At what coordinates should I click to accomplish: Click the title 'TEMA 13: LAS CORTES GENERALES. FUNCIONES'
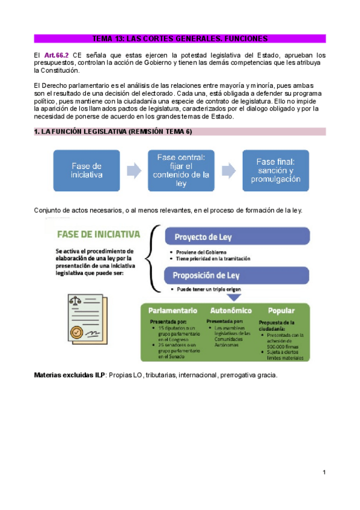[180, 38]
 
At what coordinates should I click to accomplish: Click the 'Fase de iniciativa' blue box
[86, 170]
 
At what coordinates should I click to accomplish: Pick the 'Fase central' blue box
[181, 170]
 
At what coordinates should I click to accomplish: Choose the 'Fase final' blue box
[275, 170]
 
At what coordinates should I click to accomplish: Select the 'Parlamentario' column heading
[172, 311]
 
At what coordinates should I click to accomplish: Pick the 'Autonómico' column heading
[230, 311]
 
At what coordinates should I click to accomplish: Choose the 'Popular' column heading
[281, 311]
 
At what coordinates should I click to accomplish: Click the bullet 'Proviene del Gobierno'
[201, 251]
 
